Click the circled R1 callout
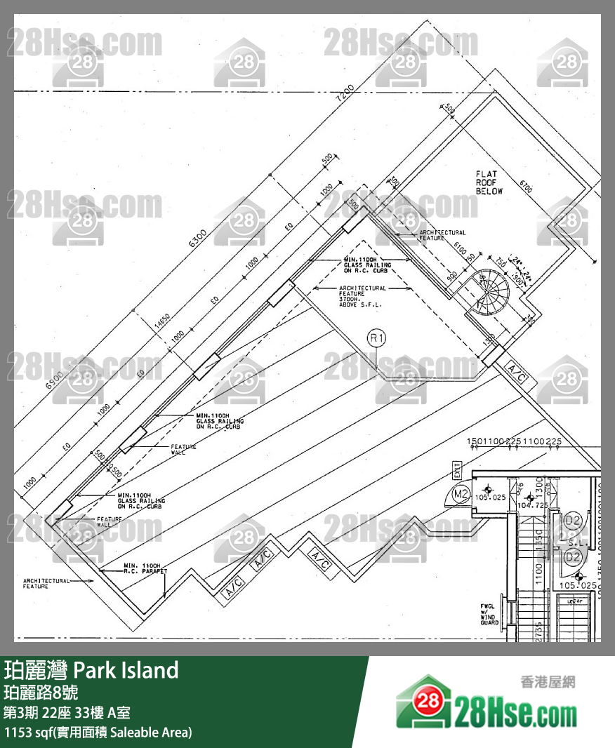[378, 339]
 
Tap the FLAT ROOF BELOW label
[487, 182]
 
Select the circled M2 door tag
[461, 494]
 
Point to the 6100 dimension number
[460, 251]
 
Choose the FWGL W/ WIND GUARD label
[489, 614]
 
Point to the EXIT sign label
[457, 469]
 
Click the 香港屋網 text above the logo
[546, 681]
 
